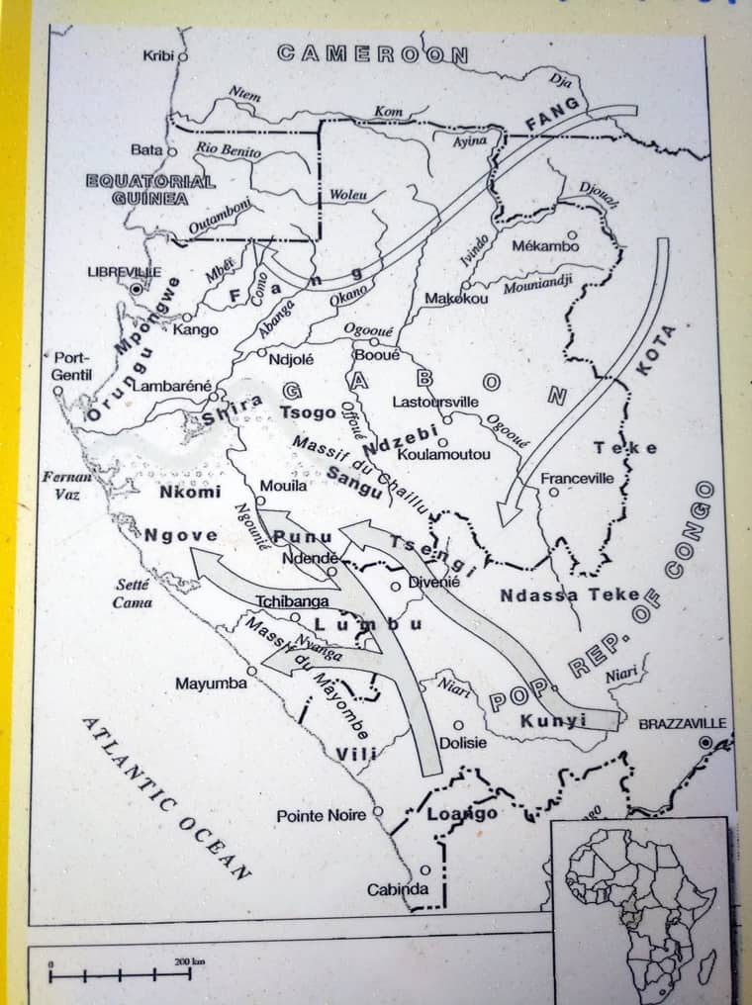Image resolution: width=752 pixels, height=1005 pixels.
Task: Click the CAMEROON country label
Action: click(x=372, y=53)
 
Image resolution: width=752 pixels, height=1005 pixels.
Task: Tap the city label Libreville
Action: click(x=124, y=271)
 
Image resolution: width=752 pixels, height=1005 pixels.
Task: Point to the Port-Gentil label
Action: click(x=71, y=366)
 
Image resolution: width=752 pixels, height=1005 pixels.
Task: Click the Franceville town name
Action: click(x=577, y=479)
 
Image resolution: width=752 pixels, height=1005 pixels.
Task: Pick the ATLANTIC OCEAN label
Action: click(x=165, y=797)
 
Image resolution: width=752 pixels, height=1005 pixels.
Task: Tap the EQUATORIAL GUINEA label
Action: click(x=150, y=190)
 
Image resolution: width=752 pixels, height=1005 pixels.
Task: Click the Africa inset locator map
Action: click(x=639, y=906)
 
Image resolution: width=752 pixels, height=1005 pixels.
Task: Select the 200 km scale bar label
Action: click(x=188, y=960)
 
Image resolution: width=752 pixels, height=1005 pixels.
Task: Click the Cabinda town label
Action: click(x=398, y=889)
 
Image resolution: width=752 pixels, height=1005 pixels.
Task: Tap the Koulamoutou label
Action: click(x=443, y=454)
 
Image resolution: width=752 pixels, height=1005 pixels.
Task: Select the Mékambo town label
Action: click(x=545, y=246)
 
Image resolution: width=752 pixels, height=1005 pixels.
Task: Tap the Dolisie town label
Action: click(x=462, y=742)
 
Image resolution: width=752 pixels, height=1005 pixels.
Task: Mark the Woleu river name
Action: click(x=347, y=195)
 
